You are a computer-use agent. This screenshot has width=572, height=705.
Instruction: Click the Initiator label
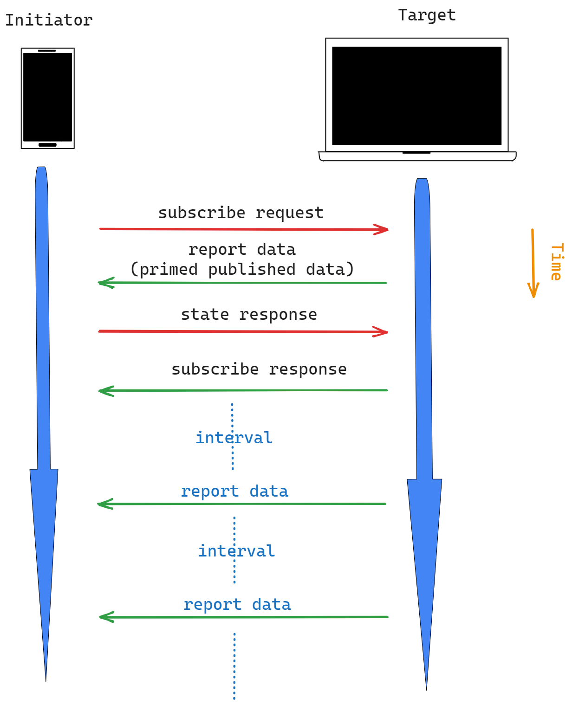point(49,20)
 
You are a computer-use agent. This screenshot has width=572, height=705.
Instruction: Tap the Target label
point(427,15)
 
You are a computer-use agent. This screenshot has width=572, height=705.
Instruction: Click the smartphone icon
point(48,98)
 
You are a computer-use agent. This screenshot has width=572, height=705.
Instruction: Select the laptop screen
point(417,96)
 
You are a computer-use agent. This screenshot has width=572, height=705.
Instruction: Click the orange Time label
point(557,262)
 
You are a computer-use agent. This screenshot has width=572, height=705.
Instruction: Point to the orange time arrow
point(533,263)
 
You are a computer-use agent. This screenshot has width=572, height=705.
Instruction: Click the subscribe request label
point(240,213)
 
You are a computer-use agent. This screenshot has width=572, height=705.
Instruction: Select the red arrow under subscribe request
point(244,229)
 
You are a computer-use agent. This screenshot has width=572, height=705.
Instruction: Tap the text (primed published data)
point(242,269)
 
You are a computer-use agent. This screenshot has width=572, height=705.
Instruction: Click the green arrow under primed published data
point(242,283)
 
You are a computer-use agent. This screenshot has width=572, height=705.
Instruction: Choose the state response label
point(249,314)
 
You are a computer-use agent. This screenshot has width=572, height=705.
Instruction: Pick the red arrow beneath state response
point(243,331)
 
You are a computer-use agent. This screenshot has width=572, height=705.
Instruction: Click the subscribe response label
point(259,369)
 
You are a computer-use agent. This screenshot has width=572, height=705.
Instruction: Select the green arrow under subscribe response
point(243,391)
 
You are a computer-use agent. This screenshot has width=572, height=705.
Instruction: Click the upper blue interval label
point(234,438)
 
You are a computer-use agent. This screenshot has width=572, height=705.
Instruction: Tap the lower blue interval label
point(236,551)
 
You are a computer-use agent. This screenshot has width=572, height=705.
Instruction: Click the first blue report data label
point(234,492)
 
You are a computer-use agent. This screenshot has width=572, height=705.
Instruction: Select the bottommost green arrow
point(244,617)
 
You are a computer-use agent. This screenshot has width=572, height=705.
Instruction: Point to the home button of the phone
point(47,145)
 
